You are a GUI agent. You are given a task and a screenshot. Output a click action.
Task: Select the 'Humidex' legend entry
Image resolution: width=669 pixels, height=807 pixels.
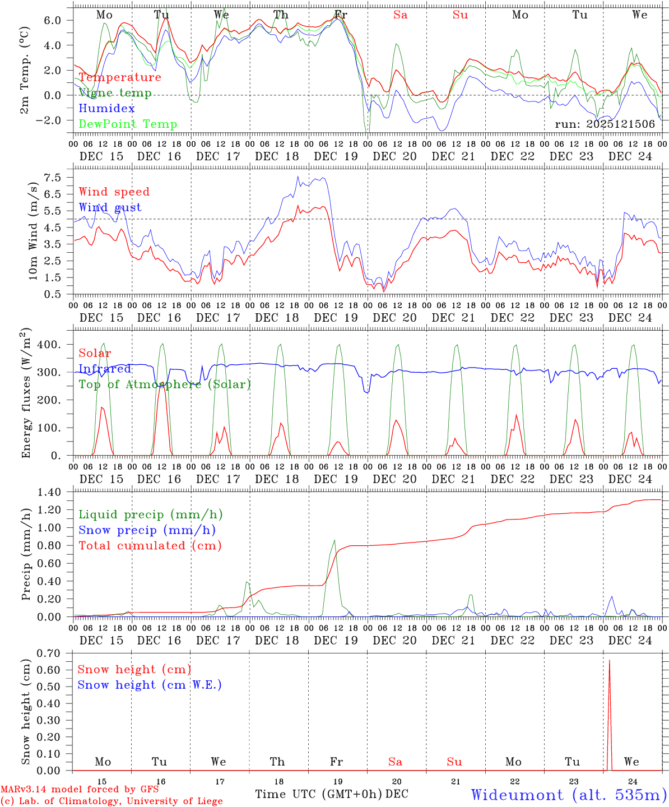coord(107,109)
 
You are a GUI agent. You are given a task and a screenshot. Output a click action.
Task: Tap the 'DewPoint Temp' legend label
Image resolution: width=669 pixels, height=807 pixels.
coord(128,124)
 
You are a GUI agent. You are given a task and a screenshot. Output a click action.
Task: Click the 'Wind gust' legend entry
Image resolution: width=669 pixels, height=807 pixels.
coord(110,207)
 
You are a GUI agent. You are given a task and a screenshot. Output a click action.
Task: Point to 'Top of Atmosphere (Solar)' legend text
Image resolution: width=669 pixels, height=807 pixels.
coord(165,384)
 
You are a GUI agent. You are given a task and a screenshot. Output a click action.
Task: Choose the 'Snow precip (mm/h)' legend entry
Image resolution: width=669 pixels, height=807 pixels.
coord(147,530)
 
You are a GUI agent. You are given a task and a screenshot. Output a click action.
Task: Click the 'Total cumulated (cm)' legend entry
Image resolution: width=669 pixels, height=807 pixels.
coord(150,546)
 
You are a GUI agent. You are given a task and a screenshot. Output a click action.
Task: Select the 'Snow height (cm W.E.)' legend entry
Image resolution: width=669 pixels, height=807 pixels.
coord(150,685)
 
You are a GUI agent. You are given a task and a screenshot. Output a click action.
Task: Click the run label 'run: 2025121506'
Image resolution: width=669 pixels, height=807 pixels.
coord(605,124)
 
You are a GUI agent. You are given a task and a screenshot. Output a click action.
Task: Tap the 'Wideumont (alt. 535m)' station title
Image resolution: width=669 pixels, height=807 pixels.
coord(568,795)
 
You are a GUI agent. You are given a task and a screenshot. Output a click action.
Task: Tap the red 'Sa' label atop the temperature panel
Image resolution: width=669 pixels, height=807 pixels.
coord(400,15)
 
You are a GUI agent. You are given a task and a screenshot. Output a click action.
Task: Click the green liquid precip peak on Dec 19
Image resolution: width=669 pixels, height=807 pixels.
coord(334,540)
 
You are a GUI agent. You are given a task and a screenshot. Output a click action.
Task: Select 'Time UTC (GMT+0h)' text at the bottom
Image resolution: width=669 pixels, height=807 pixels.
coord(318,794)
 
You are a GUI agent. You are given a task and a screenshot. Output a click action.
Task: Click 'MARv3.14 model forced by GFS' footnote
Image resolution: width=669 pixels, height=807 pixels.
coord(80,790)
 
